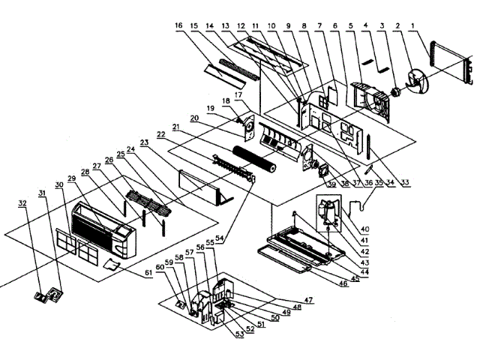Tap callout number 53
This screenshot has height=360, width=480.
(239, 334)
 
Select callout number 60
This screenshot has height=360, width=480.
(160, 265)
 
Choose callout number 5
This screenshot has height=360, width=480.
(350, 25)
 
